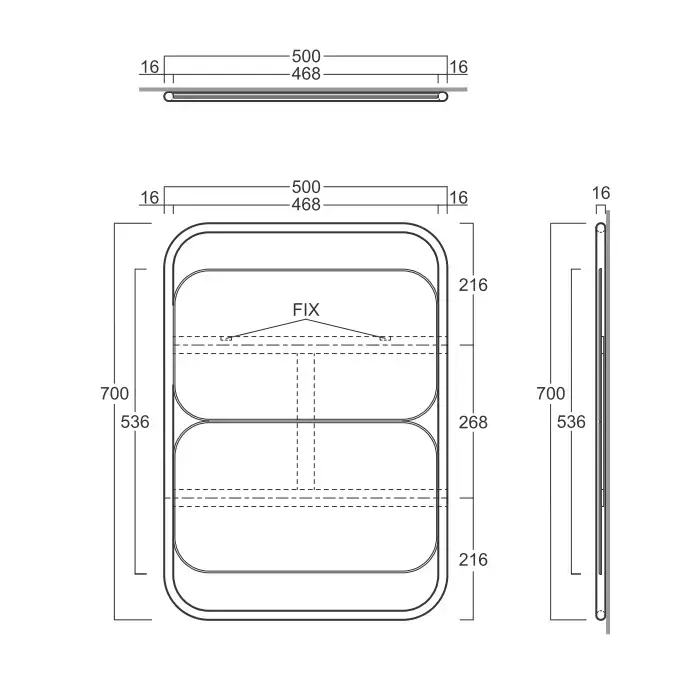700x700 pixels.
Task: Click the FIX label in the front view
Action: pos(306,310)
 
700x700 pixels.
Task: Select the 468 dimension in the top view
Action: pos(306,75)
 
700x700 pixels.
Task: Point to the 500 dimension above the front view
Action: pos(306,187)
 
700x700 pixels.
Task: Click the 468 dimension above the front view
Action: pos(306,204)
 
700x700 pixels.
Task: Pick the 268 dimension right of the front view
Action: pos(473,422)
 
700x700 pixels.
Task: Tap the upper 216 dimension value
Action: pos(473,285)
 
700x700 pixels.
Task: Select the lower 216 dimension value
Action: pos(473,559)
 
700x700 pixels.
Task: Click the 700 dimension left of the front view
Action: pos(116,393)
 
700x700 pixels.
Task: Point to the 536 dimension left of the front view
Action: pos(134,422)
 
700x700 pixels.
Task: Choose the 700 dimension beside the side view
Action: pos(552,393)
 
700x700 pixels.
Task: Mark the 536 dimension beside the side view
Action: pos(571,422)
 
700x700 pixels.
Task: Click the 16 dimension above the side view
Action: pos(601,193)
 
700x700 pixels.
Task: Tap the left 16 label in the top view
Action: pos(150,67)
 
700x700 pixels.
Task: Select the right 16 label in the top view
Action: pos(458,67)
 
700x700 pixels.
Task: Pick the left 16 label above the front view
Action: pos(150,198)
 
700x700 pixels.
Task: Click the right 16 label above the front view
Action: pos(458,198)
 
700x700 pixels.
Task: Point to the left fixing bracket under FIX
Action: pos(226,338)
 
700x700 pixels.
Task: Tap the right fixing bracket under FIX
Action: pos(385,338)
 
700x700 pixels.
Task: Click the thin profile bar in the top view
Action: pos(306,96)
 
